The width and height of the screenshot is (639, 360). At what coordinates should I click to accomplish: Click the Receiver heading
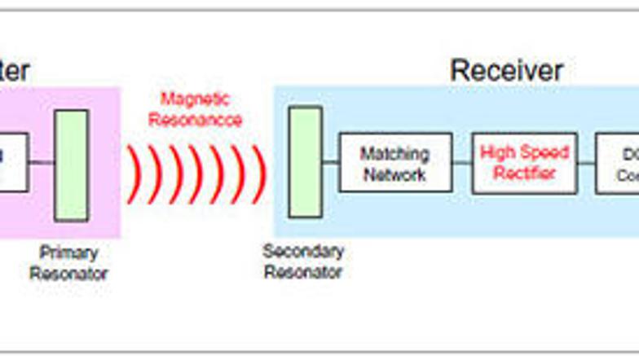tap(506, 70)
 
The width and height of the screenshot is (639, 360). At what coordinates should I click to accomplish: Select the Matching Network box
tap(395, 163)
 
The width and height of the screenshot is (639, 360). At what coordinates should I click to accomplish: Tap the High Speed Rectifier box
tap(524, 163)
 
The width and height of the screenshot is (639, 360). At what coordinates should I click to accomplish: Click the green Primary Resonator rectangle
tap(71, 165)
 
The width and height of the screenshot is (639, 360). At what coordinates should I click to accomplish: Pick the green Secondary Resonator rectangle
tap(305, 162)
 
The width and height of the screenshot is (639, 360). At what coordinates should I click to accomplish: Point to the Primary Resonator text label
tap(68, 263)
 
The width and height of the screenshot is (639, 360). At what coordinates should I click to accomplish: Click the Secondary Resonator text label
tap(303, 261)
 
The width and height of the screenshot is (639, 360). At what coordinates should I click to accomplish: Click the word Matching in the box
tap(394, 153)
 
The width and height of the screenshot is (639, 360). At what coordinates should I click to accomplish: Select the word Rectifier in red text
tap(524, 173)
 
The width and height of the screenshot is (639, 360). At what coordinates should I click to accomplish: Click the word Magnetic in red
tap(195, 99)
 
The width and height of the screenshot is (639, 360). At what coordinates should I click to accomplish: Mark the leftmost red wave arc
tap(133, 174)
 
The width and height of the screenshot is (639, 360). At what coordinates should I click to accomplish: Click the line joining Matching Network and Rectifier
tap(461, 163)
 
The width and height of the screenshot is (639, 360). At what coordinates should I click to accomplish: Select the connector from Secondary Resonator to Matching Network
tap(330, 162)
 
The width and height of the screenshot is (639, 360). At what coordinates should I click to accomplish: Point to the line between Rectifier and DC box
tap(586, 163)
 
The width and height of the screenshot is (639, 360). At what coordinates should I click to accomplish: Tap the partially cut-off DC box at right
tap(617, 163)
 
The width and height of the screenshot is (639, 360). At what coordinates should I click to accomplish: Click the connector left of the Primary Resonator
tap(42, 162)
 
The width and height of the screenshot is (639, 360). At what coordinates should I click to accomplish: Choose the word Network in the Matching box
tap(394, 174)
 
